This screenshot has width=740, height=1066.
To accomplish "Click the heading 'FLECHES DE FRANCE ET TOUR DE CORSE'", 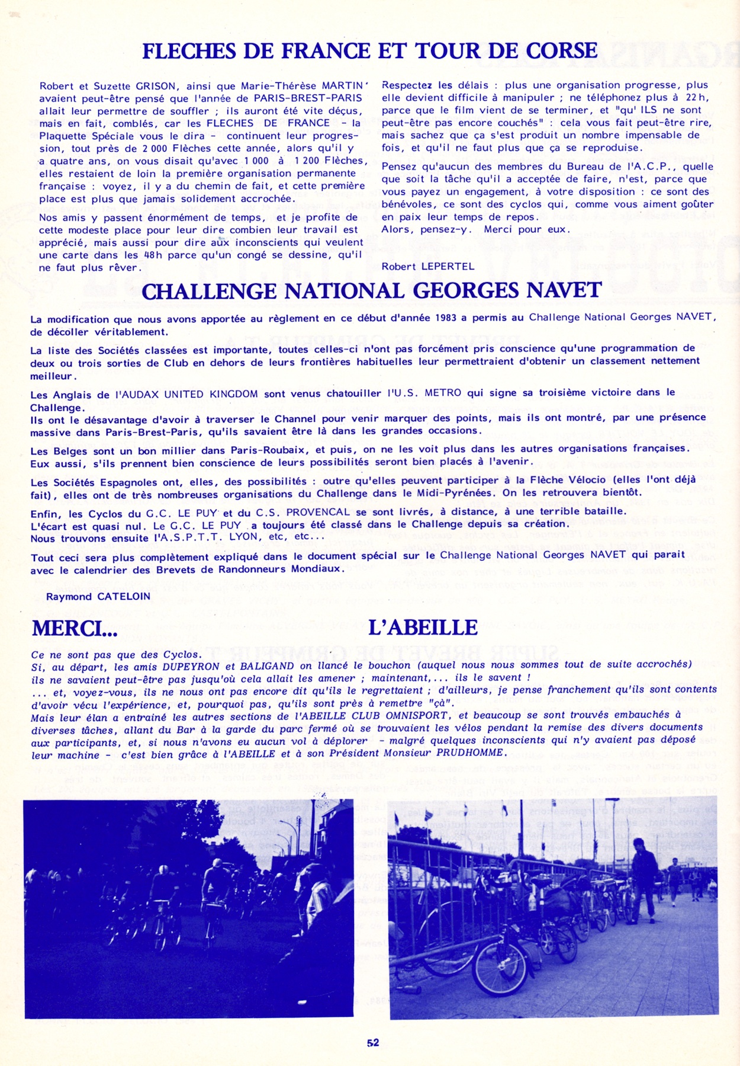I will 369,52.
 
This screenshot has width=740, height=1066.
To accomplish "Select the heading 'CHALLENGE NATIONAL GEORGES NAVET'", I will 371,292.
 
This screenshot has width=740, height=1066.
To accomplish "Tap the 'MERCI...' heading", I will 75,628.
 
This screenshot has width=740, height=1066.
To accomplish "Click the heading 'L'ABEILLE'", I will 423,628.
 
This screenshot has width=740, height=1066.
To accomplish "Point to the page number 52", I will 372,1043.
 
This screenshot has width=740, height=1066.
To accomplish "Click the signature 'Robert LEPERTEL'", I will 427,267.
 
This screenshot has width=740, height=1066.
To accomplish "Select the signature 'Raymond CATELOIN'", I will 98,596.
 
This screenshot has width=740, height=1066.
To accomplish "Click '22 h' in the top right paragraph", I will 696,98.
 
